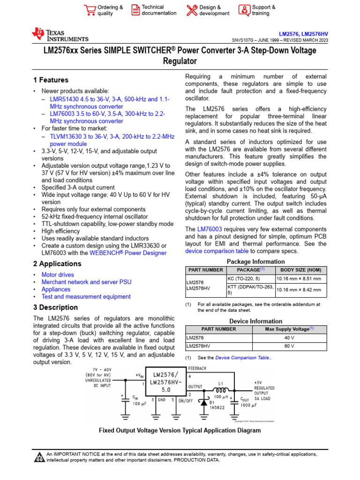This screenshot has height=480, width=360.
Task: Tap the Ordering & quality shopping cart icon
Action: tap(89, 10)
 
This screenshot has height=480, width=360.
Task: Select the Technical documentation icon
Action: tap(135, 10)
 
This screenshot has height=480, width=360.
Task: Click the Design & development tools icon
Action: tap(192, 10)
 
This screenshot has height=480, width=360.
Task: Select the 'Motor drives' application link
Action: tap(58, 275)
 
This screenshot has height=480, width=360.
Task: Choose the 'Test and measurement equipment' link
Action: tap(86, 296)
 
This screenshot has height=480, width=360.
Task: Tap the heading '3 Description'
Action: tap(55, 307)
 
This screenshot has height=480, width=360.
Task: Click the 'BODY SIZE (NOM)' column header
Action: tap(301, 270)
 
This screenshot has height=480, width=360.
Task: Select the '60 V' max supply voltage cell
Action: tap(289, 346)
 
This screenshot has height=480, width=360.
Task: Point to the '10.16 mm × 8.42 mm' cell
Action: tap(299, 290)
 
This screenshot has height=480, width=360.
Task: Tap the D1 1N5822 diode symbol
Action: tap(205, 402)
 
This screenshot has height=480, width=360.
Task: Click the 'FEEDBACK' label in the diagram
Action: tap(197, 368)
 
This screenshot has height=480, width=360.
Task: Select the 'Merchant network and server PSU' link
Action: tap(86, 282)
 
